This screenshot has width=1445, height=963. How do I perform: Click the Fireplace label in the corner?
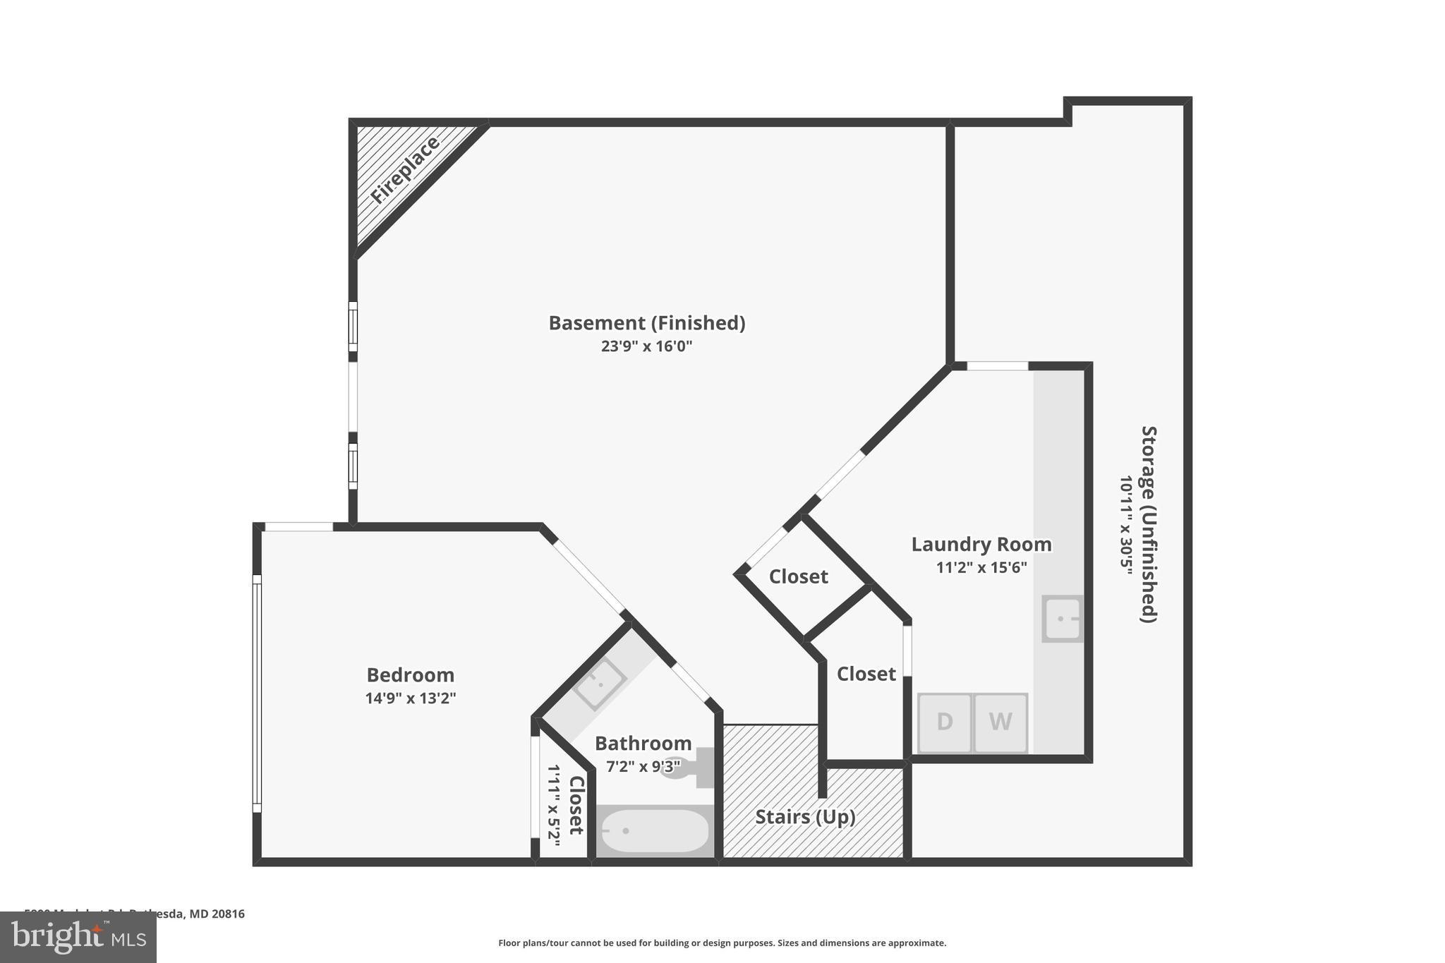[x=406, y=170]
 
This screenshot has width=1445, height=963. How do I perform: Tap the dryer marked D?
[x=945, y=722]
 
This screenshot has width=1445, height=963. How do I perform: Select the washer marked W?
[x=1000, y=722]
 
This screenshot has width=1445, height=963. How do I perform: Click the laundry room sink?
[x=1062, y=619]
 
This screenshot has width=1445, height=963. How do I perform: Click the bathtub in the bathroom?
[x=654, y=831]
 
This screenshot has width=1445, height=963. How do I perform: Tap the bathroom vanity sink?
[x=599, y=682]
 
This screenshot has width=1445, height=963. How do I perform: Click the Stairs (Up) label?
[x=805, y=817]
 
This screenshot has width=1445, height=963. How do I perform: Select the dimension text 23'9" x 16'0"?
[x=646, y=346]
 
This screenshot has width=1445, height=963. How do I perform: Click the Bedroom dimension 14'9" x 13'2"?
[x=410, y=698]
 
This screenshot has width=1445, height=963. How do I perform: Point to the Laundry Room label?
[x=981, y=545]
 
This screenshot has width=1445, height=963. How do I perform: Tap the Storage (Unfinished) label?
[x=1149, y=523]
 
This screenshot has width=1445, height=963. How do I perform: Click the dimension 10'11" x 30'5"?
[x=1126, y=524]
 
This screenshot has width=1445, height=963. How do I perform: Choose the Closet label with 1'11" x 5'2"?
[x=576, y=805]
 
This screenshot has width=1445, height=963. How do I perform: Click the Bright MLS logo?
[x=78, y=937]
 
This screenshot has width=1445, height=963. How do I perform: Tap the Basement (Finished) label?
[x=646, y=323]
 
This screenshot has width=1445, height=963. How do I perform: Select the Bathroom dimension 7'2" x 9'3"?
[x=643, y=766]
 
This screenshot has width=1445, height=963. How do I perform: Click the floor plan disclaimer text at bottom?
[x=722, y=943]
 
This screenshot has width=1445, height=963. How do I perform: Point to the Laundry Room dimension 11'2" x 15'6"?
[x=981, y=567]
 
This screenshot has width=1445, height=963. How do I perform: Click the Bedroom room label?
[x=410, y=675]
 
